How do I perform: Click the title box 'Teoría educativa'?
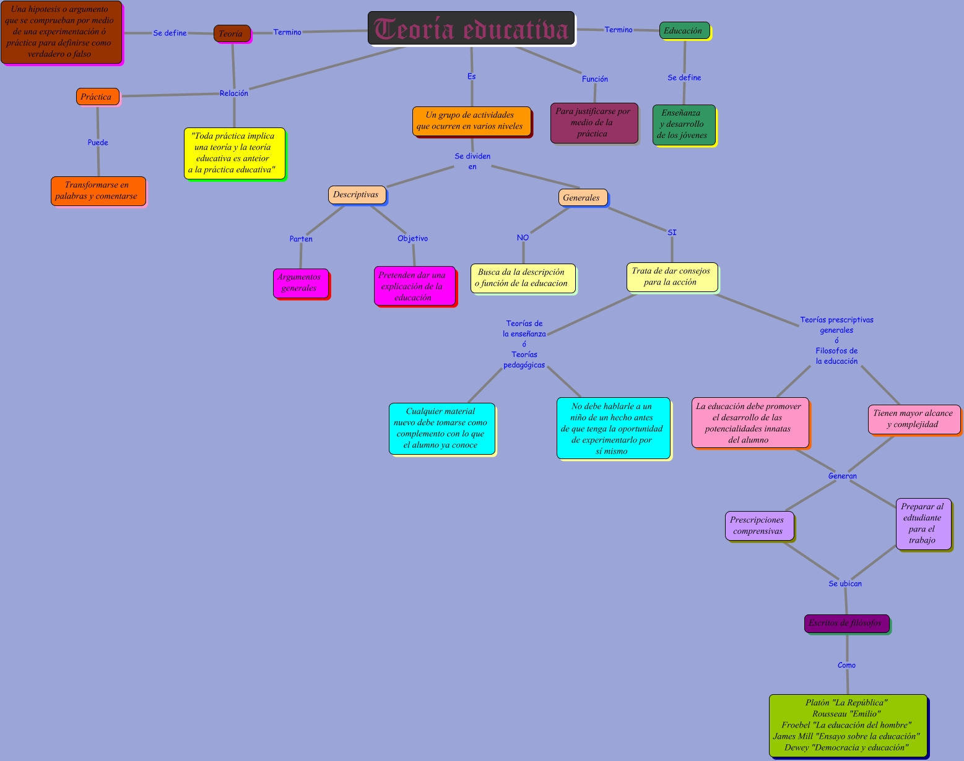[471, 28]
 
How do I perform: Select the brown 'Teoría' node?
[232, 33]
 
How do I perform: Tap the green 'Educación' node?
[684, 30]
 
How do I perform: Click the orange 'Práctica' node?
[97, 97]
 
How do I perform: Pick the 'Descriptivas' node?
[356, 195]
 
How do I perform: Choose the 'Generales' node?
[582, 197]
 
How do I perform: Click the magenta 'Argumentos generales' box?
[300, 283]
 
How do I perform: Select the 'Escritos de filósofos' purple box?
[846, 623]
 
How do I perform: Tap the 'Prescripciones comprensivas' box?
[758, 525]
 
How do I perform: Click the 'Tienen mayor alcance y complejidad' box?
[913, 419]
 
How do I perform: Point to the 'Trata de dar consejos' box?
[672, 277]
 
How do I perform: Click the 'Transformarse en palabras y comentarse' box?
[98, 191]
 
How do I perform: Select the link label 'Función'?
[595, 79]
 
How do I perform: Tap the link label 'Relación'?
[234, 93]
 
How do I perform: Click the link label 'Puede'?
[98, 142]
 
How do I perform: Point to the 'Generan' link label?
[843, 476]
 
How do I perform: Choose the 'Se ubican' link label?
[845, 583]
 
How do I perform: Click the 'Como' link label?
[846, 665]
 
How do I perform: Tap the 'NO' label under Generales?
[523, 238]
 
